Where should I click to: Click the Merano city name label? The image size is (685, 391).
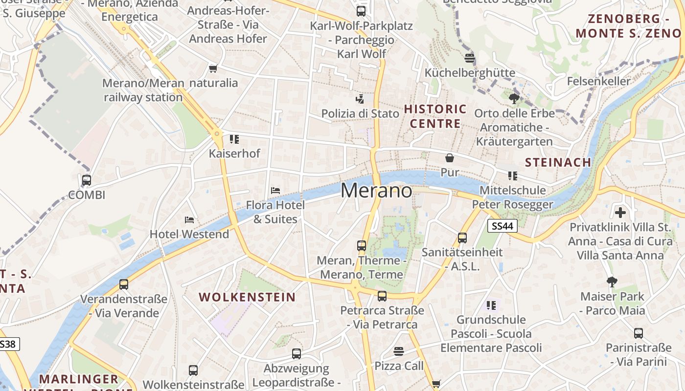click(376, 190)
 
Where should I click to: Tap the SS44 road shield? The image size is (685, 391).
click(502, 225)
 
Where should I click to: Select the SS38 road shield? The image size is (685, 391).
click(8, 344)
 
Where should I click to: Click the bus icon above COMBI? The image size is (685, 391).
click(87, 180)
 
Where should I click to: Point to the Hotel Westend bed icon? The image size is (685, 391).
click(189, 220)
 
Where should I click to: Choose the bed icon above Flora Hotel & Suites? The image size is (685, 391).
click(275, 190)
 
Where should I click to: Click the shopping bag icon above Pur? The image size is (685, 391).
click(449, 158)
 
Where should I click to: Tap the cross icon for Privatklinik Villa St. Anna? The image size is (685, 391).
click(620, 213)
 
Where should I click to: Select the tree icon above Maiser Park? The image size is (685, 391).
click(612, 282)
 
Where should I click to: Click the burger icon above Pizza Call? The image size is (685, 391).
click(399, 351)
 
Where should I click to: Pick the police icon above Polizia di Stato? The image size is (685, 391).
click(360, 99)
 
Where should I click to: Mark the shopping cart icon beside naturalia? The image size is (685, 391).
click(213, 68)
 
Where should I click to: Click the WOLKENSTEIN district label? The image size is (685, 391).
click(247, 297)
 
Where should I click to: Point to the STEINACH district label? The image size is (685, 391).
click(558, 162)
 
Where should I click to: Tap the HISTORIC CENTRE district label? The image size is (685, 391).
click(435, 116)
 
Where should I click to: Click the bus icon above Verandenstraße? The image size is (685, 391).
click(124, 284)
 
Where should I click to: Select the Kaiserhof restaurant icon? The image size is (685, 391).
click(234, 139)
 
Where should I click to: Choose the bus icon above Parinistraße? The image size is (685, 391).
click(639, 333)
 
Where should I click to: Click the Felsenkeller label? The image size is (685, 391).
click(599, 81)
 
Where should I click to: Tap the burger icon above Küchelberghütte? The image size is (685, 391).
click(470, 58)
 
